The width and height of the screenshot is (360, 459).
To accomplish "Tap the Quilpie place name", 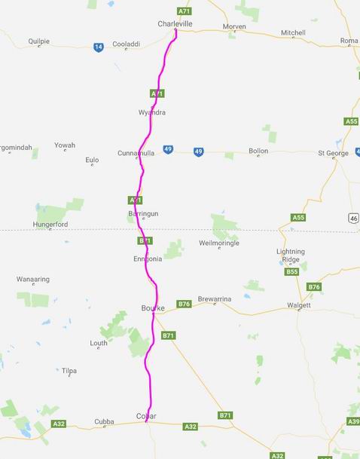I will point(38,41).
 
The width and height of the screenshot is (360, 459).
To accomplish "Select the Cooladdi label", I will point(126,44).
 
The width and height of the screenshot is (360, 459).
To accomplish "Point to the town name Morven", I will point(234,26).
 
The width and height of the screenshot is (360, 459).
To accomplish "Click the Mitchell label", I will point(293,32).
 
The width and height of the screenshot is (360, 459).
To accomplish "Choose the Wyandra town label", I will point(151,112).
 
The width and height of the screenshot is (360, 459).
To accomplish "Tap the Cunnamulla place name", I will point(136,153).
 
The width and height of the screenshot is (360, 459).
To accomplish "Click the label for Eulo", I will point(92,159).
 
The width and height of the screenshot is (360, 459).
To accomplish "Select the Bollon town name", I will point(258,151).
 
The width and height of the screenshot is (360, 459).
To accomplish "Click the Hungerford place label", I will point(50,225).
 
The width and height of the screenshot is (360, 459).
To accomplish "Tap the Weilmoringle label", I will point(218,243).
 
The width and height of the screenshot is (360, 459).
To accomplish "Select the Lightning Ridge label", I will point(291,255).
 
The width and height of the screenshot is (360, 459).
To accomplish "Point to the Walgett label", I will point(299,305).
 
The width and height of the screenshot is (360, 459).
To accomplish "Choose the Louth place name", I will point(99,343).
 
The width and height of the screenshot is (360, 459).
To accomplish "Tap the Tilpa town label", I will point(69,371).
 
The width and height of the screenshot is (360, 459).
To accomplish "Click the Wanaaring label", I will point(33,279).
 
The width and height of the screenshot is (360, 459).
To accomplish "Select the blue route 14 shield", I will point(99,47).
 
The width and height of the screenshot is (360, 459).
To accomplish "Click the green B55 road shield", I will point(293,271).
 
